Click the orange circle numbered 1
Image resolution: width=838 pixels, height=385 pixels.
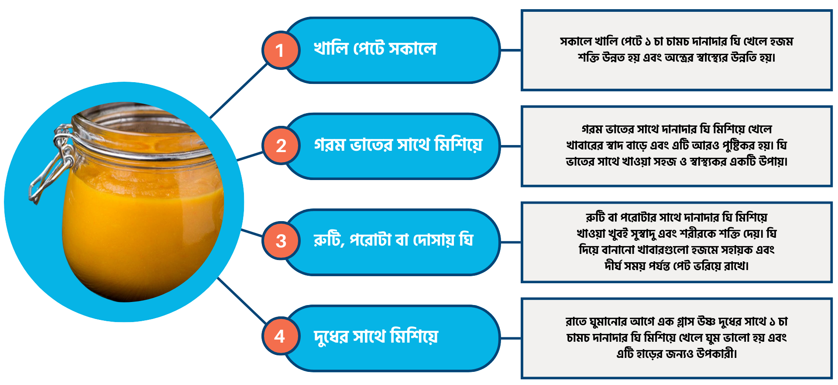pos(281,50)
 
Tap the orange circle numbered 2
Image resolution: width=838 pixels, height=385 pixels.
pos(281,146)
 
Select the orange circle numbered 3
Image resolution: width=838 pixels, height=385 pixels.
pos(281,241)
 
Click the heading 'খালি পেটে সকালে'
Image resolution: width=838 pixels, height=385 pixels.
pos(375,49)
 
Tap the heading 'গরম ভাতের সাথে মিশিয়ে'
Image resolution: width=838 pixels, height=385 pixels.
pos(398,145)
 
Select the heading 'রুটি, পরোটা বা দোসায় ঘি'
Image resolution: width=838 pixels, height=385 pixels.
pos(393,240)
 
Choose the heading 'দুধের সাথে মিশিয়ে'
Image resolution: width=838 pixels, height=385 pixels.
pos(376,336)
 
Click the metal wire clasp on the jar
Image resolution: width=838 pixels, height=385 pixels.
pos(52,166)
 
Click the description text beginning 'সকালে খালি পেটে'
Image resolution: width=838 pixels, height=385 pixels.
pos(677,49)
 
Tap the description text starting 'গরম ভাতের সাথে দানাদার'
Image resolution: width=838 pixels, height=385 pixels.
pos(677,145)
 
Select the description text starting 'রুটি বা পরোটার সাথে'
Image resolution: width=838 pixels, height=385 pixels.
pos(677,241)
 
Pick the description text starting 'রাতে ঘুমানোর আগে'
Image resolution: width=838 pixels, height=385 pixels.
pos(677,337)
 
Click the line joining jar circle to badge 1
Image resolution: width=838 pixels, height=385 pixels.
pos(238,91)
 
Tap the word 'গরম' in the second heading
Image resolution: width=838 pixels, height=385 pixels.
pos(330,145)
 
